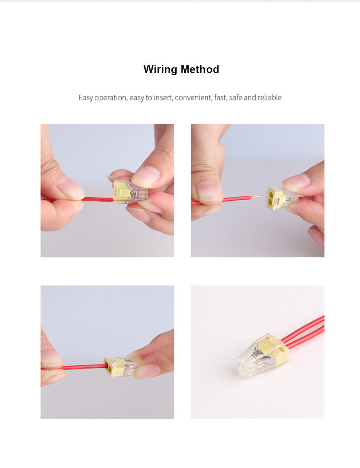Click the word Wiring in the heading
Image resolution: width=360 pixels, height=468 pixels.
(x=161, y=69)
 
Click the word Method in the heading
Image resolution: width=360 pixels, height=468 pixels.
(x=200, y=69)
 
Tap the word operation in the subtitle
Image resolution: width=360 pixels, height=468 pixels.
(x=111, y=98)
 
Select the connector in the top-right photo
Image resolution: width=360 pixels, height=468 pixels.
(x=282, y=198)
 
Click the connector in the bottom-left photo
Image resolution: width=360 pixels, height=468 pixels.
(x=122, y=367)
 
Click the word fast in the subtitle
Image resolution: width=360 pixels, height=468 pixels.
(x=220, y=97)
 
